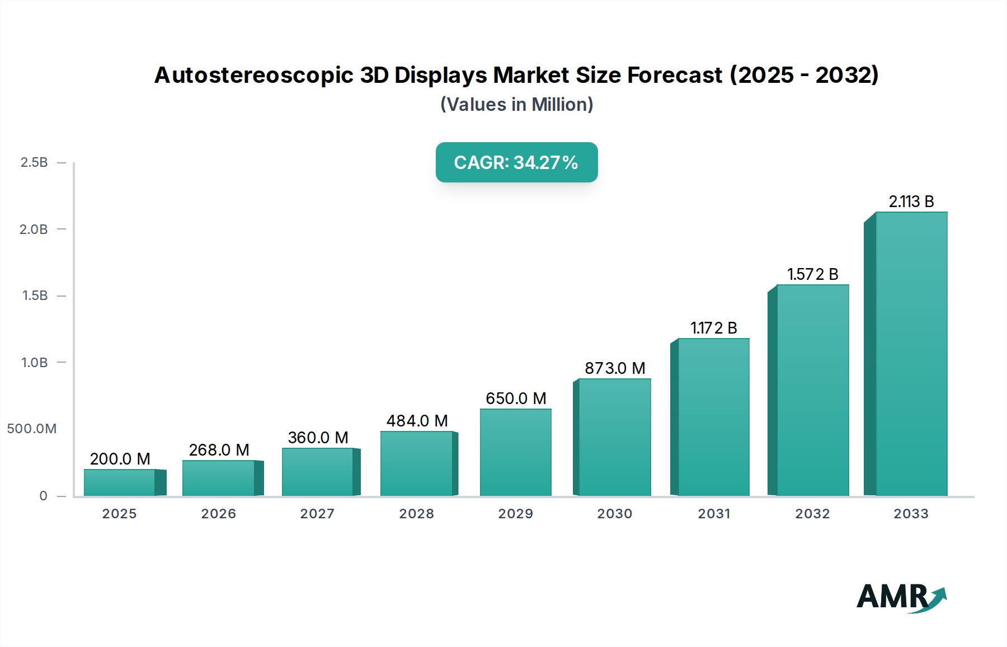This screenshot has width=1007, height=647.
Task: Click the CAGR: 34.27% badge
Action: pos(516,162)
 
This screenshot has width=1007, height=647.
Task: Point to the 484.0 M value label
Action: pos(417,421)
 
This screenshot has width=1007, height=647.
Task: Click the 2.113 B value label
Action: pos(911,201)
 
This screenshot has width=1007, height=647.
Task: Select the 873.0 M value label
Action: pos(615,368)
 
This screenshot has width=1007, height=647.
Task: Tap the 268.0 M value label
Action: pos(219,450)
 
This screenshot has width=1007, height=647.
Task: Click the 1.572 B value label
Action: pos(812,274)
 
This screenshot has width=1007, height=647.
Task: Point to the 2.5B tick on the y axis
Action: pos(34,162)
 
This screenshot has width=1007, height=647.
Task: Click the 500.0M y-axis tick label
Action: pos(32,429)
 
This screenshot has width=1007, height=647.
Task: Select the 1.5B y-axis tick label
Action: pos(35,296)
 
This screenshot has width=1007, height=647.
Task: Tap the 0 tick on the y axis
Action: pos(43,496)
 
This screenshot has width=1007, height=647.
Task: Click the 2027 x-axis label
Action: pos(317,514)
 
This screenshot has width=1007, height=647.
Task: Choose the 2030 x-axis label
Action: pos(614,514)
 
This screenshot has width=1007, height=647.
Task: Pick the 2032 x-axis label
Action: pos(812,514)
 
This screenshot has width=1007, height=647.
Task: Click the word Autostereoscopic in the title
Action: pos(253,75)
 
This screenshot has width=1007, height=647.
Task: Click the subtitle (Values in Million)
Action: pos(516,105)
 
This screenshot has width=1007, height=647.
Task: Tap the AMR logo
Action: pos(901,597)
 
